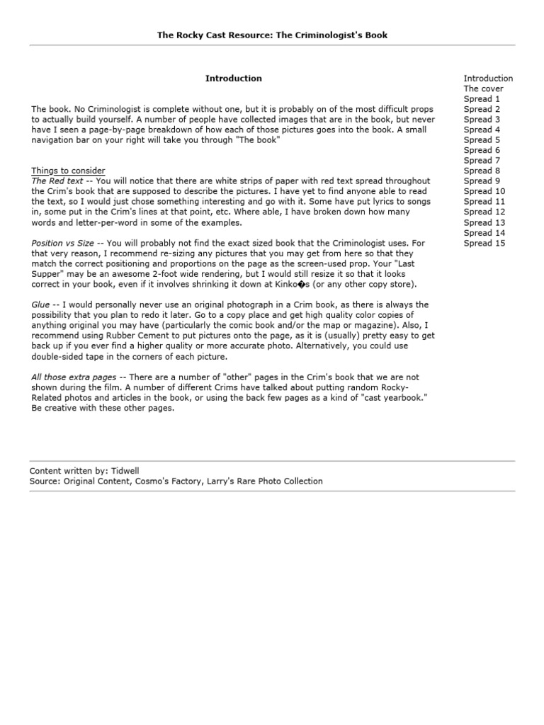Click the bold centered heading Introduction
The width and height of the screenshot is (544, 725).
coord(233,79)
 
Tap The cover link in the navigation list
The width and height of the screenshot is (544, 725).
coord(483,89)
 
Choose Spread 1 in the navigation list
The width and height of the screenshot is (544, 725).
coord(482,99)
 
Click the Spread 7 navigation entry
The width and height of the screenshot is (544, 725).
coord(482,161)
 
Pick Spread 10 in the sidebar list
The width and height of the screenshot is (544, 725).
coord(484,191)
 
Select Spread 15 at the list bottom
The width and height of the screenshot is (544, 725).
coord(484,243)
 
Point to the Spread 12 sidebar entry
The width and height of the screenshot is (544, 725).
coord(484,212)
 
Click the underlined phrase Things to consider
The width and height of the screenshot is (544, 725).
coord(68,171)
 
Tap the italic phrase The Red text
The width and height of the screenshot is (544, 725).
coord(57,181)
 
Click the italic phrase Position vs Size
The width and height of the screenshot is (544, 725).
coord(62,243)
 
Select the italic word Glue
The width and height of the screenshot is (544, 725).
coord(40,304)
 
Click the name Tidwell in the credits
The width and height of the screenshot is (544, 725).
coord(125,471)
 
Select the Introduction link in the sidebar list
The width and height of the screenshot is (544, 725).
coord(488,79)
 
